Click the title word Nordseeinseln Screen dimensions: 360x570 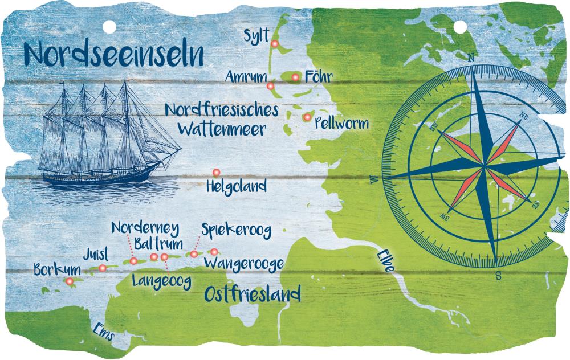(114, 54)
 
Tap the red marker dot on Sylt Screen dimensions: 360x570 (274, 44)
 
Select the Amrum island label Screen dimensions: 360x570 (245, 77)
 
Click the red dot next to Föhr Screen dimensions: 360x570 (295, 77)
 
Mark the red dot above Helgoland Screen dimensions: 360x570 (216, 172)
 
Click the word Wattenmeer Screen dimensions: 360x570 (221, 129)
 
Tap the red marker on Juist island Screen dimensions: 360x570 (103, 268)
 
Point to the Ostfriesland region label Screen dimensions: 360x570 (252, 294)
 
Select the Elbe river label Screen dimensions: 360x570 (384, 261)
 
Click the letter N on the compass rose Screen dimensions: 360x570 (471, 56)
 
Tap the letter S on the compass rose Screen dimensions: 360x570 (498, 277)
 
